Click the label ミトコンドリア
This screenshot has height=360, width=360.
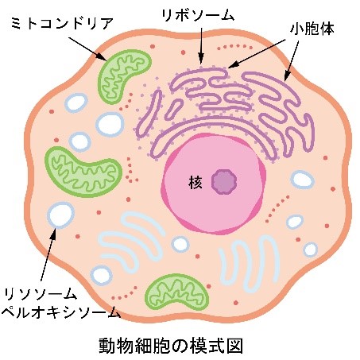(x=63, y=24)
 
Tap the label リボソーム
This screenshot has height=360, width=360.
(x=198, y=15)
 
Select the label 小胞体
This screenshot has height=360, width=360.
(x=312, y=29)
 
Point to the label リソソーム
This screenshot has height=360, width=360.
(x=41, y=294)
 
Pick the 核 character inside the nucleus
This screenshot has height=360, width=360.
(x=195, y=183)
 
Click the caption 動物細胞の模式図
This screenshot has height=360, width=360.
(x=171, y=345)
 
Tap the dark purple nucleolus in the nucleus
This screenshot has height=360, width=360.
(x=224, y=182)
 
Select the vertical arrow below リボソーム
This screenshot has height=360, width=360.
(x=201, y=46)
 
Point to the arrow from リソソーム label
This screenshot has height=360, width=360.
(x=48, y=254)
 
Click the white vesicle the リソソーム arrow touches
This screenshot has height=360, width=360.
(x=60, y=215)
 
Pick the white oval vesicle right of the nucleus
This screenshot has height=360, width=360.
(x=302, y=180)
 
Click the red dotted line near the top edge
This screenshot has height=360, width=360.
(x=234, y=47)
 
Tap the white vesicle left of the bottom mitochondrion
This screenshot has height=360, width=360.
(x=102, y=275)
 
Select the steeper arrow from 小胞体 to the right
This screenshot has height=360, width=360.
(x=292, y=60)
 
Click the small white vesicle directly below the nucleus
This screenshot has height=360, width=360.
(x=180, y=244)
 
